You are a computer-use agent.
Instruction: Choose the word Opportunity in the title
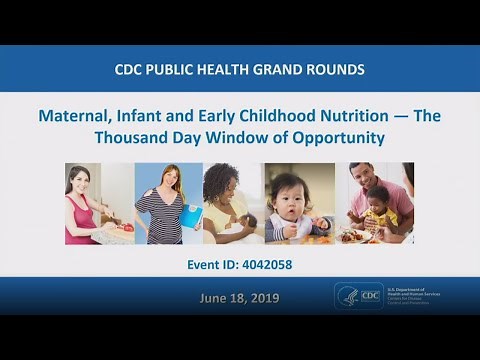(337, 138)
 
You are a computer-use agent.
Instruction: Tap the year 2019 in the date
(261, 298)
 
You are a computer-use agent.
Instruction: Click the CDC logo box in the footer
(371, 296)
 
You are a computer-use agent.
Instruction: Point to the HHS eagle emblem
(346, 296)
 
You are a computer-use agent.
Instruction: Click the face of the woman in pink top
(81, 183)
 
